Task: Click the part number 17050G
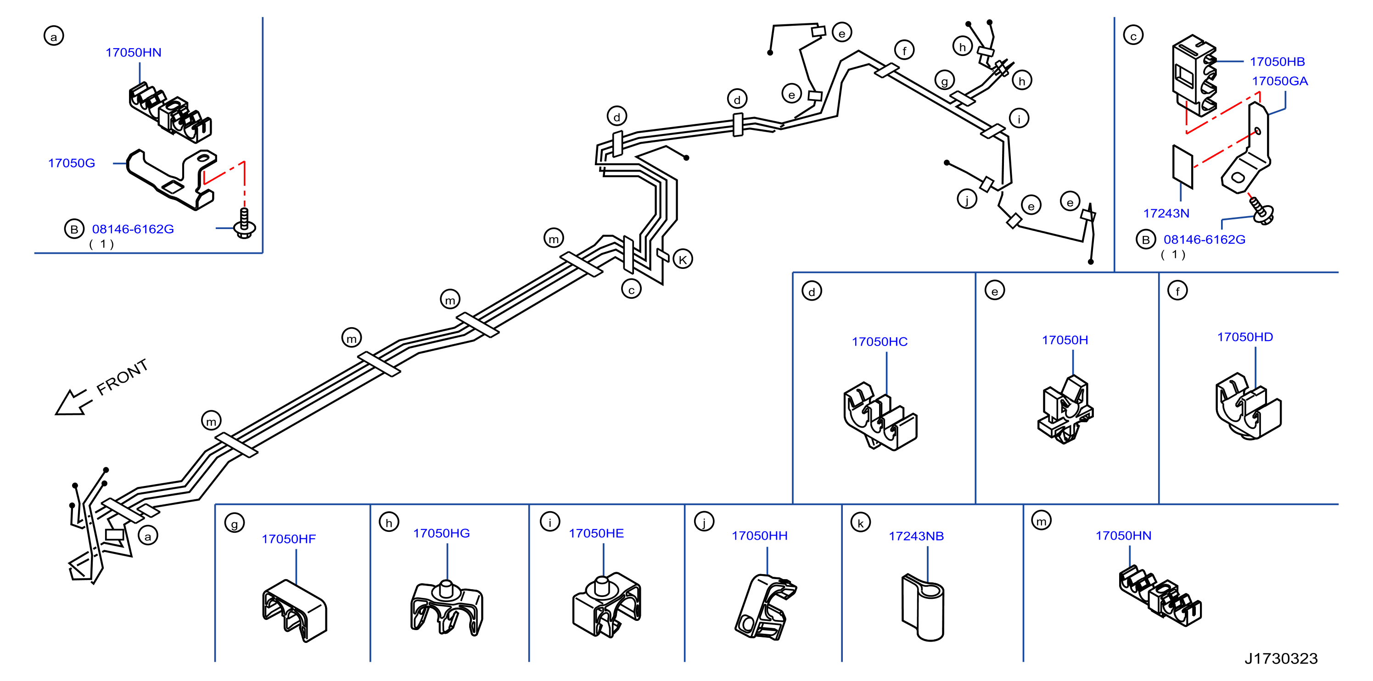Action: (72, 163)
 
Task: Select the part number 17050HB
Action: (1277, 62)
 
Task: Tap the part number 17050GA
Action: (1279, 81)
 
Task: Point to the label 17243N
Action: (1166, 213)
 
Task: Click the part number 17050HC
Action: (880, 341)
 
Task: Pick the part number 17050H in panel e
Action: (1065, 340)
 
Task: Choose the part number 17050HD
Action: (1244, 337)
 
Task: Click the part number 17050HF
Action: (288, 539)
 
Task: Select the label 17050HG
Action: (441, 533)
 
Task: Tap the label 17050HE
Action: (596, 533)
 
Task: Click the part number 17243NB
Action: (916, 536)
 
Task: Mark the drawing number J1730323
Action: (1281, 659)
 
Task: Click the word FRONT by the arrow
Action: (122, 377)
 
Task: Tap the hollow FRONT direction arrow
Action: (73, 402)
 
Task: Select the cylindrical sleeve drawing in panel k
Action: (923, 608)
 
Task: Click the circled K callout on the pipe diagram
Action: (683, 259)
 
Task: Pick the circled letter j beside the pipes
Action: (967, 199)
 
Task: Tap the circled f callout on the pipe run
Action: (904, 50)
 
